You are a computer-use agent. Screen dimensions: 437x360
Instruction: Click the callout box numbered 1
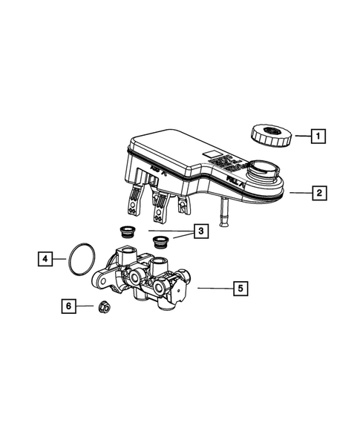coord(318,136)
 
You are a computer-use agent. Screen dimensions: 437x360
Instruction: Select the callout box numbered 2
coord(318,194)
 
